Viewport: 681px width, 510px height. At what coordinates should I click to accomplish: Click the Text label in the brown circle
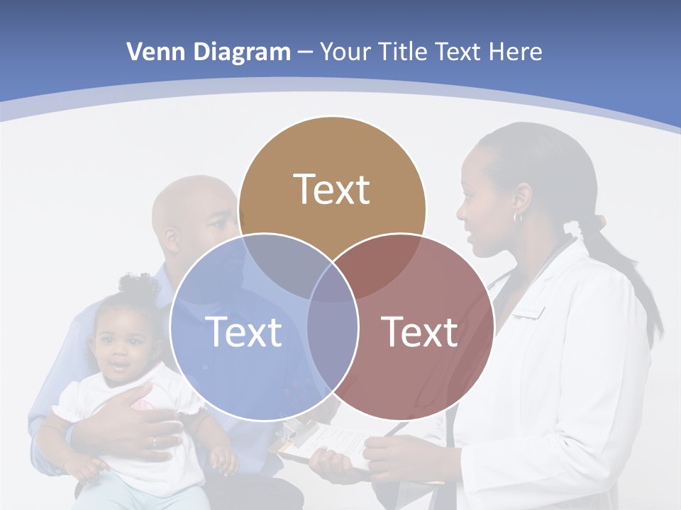tap(332, 189)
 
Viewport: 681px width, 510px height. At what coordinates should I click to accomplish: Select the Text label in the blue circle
tap(243, 331)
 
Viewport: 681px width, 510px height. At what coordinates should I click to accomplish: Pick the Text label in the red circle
tap(420, 331)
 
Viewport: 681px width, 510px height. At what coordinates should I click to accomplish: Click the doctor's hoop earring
tap(518, 217)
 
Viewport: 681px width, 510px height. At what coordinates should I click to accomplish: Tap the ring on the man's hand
tap(154, 441)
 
